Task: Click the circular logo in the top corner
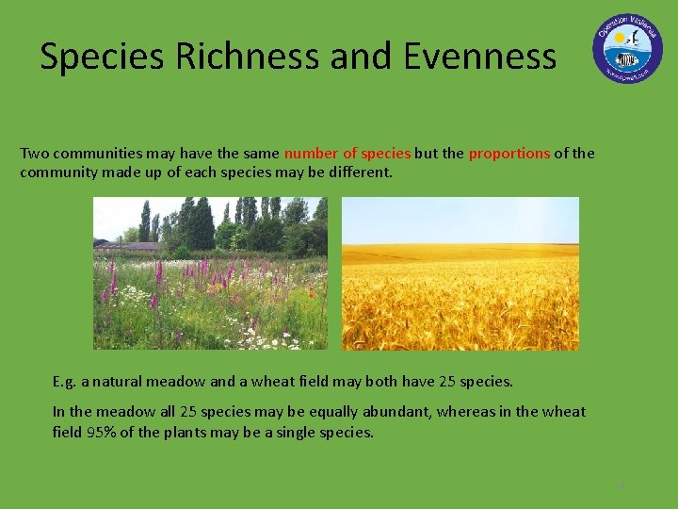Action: click(627, 49)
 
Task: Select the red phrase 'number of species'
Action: click(347, 153)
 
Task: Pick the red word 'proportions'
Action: click(509, 153)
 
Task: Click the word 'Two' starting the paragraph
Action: click(35, 153)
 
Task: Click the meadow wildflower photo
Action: click(210, 273)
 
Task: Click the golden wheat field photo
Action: click(460, 273)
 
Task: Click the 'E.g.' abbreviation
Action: click(65, 382)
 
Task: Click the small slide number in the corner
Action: click(620, 486)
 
